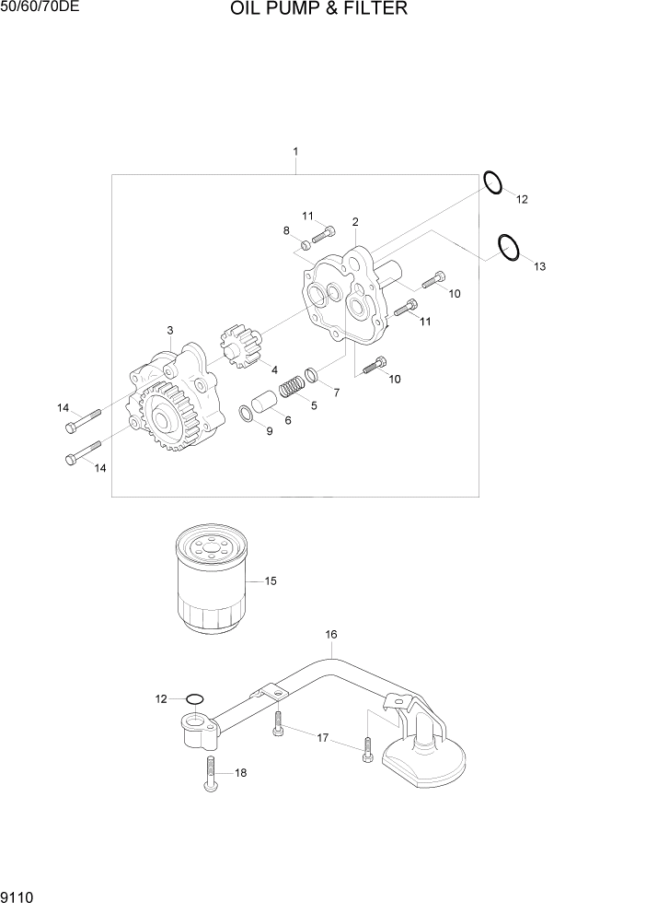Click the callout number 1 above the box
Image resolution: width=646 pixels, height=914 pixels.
pyautogui.click(x=295, y=151)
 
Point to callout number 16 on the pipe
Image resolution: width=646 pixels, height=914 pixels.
pyautogui.click(x=331, y=634)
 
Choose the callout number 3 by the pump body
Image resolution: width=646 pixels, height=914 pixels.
pyautogui.click(x=170, y=330)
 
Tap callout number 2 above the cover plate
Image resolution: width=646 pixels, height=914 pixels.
pyautogui.click(x=355, y=222)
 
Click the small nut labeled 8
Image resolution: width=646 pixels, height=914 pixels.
pyautogui.click(x=306, y=244)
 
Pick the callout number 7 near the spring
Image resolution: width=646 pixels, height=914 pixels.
pyautogui.click(x=336, y=393)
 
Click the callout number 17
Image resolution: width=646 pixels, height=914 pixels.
pyautogui.click(x=323, y=738)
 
